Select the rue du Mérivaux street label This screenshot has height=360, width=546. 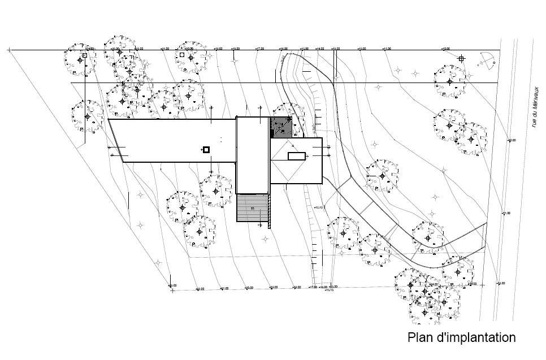pyautogui.click(x=533, y=118)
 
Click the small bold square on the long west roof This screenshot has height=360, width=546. pyautogui.click(x=206, y=149)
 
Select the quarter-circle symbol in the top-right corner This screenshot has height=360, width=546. pyautogui.click(x=486, y=59)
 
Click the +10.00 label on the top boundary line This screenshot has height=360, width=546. pyautogui.click(x=445, y=50)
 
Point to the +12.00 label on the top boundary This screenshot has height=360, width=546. pyautogui.click(x=362, y=50)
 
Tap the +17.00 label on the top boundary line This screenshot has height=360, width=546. pyautogui.click(x=259, y=50)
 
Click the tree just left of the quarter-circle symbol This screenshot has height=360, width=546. pyautogui.click(x=450, y=81)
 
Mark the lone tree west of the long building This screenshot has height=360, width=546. pyautogui.click(x=86, y=117)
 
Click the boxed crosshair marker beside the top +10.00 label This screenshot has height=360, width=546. pyautogui.click(x=461, y=58)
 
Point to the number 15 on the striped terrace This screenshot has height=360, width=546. pyautogui.click(x=252, y=209)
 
